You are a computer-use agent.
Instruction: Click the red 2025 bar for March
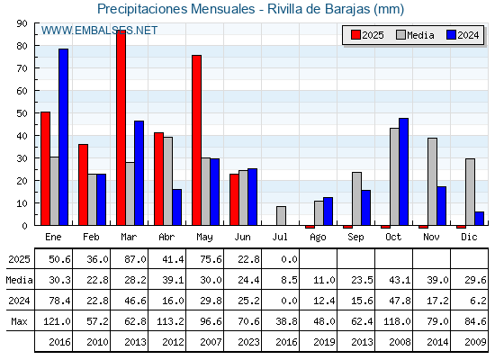pos(121,128)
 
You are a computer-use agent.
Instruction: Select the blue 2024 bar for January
pos(63,137)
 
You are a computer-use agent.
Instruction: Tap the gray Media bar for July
pos(281,216)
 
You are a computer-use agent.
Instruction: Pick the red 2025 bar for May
pos(197,140)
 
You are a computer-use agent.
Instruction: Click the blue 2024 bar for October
pos(404,172)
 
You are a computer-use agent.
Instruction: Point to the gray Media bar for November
pos(432,182)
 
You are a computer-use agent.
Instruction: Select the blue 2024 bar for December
pos(479,219)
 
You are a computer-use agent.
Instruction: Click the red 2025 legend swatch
pos(355,35)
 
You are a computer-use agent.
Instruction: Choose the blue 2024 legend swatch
pos(451,35)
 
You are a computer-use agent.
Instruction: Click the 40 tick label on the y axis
pos(22,136)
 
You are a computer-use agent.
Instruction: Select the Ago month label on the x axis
pos(318,238)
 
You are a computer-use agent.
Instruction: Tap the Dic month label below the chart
pos(469,237)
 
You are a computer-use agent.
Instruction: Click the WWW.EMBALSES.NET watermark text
pos(99,31)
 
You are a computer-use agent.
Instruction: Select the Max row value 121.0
pos(57,321)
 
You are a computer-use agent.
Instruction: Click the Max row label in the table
pos(19,321)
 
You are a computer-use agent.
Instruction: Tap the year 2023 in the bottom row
pos(248,342)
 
